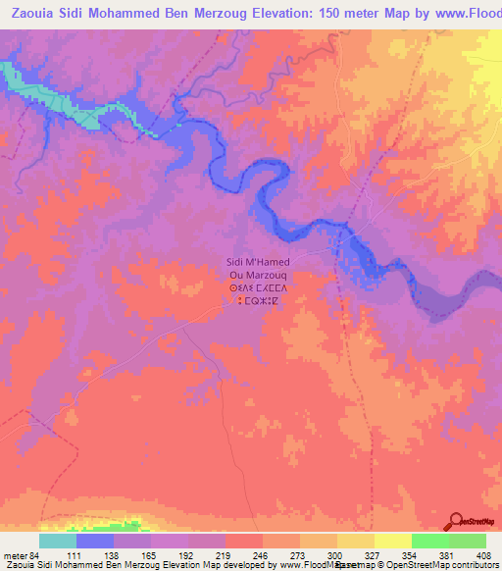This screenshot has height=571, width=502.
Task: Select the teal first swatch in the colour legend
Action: pos(58,541)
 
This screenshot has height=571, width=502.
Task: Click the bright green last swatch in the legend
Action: pos(468,541)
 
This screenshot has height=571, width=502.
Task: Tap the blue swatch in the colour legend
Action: pos(95,541)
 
